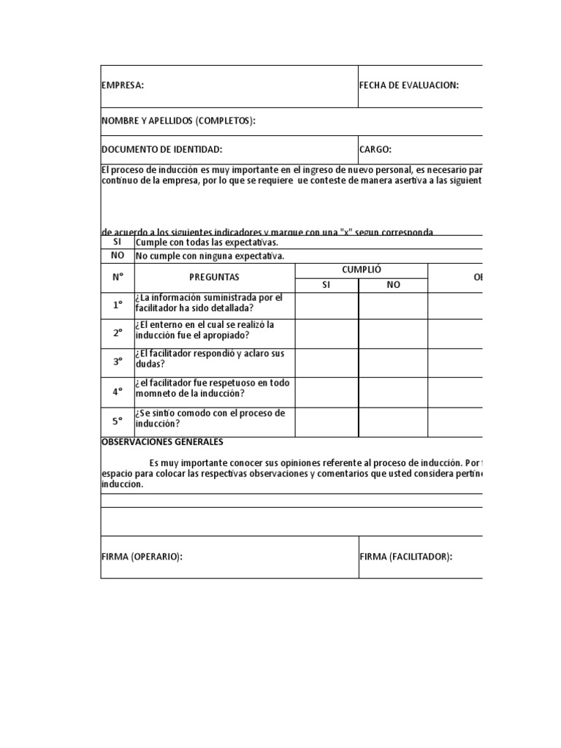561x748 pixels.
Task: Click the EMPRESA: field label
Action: (123, 85)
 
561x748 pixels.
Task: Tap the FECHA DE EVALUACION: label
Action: (409, 85)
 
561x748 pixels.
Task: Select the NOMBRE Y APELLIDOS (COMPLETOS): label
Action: (178, 121)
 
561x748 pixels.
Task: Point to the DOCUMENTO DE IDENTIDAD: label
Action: (161, 149)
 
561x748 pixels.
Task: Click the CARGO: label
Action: (375, 149)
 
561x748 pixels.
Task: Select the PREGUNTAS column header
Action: (214, 278)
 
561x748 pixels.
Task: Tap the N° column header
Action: (118, 278)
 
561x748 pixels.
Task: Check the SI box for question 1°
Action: (327, 305)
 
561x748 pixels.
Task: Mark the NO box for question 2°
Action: (393, 333)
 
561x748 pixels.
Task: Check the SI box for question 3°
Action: (327, 362)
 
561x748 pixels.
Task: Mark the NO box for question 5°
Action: (393, 421)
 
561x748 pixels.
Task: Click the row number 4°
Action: (118, 392)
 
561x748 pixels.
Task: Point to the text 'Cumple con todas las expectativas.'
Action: (207, 242)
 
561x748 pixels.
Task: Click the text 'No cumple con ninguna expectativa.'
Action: (210, 256)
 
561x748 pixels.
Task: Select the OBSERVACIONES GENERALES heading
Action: (162, 442)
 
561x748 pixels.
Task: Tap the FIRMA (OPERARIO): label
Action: (142, 557)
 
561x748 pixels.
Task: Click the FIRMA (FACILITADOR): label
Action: (405, 557)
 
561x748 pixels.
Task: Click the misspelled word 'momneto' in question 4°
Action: (156, 394)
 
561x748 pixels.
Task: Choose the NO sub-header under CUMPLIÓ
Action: (393, 285)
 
